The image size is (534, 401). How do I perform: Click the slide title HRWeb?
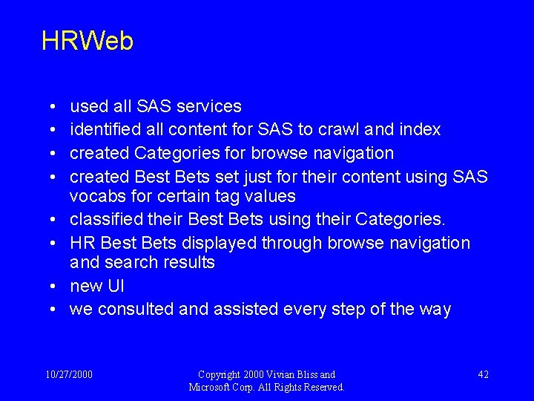click(88, 42)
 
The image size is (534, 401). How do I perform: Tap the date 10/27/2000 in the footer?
click(69, 374)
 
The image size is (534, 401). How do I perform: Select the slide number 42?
click(482, 374)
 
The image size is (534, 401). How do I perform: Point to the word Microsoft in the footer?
click(214, 387)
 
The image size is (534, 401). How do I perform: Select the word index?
click(419, 130)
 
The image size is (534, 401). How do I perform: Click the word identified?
click(107, 130)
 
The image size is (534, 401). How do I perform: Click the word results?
click(189, 262)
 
